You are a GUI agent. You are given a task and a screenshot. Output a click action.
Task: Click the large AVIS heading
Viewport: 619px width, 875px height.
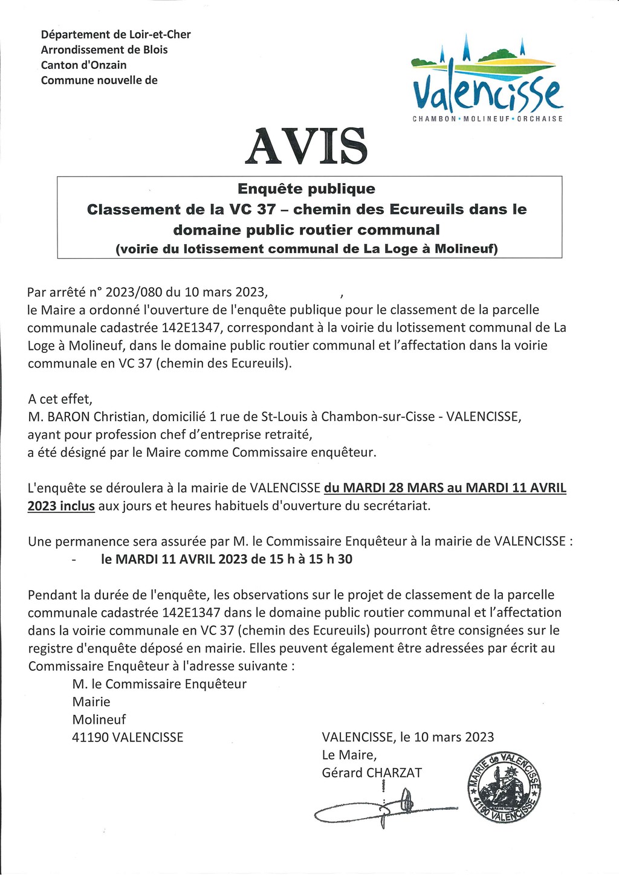[306, 146]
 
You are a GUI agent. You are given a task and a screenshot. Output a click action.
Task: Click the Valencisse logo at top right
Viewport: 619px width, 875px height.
[487, 79]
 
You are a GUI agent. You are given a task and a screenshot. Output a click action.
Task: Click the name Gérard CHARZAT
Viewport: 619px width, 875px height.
[372, 772]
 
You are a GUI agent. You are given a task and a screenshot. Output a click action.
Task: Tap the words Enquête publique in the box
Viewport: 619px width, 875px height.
[306, 189]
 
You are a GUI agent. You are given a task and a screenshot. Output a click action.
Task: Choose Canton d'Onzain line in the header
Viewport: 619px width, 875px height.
[83, 65]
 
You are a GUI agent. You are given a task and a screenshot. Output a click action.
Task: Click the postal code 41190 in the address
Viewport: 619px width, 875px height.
[90, 737]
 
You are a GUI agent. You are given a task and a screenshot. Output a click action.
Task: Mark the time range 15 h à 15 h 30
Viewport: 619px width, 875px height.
[311, 560]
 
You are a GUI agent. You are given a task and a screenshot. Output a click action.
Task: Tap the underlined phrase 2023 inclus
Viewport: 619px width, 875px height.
[61, 506]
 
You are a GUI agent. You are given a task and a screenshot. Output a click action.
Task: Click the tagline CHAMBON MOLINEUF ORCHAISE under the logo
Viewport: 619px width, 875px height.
[487, 118]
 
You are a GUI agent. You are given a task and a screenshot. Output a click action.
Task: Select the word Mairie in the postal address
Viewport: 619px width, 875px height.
[91, 702]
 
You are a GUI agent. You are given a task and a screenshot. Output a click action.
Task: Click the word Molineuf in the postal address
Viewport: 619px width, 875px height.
[99, 720]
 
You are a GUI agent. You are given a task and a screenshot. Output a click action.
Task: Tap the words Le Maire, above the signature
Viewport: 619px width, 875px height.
[349, 755]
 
